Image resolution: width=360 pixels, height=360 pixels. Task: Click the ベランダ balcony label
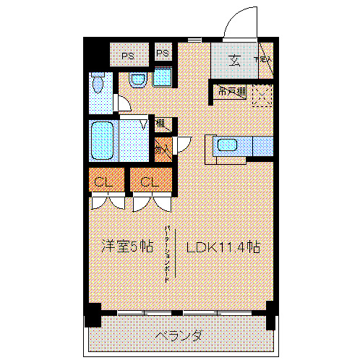pyautogui.click(x=179, y=335)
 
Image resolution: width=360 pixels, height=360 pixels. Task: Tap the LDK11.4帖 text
pyautogui.click(x=223, y=247)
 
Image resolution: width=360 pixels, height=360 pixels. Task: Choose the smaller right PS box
pyautogui.click(x=163, y=54)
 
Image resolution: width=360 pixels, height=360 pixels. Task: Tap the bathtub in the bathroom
pyautogui.click(x=103, y=140)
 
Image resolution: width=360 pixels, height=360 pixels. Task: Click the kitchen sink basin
pyautogui.click(x=228, y=145)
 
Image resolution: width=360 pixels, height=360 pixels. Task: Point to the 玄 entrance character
pyautogui.click(x=236, y=61)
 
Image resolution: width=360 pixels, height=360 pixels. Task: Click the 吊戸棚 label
pyautogui.click(x=230, y=92)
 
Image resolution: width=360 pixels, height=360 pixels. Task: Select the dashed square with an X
pyautogui.click(x=262, y=95)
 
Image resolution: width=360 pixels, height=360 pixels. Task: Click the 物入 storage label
pyautogui.click(x=162, y=148)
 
